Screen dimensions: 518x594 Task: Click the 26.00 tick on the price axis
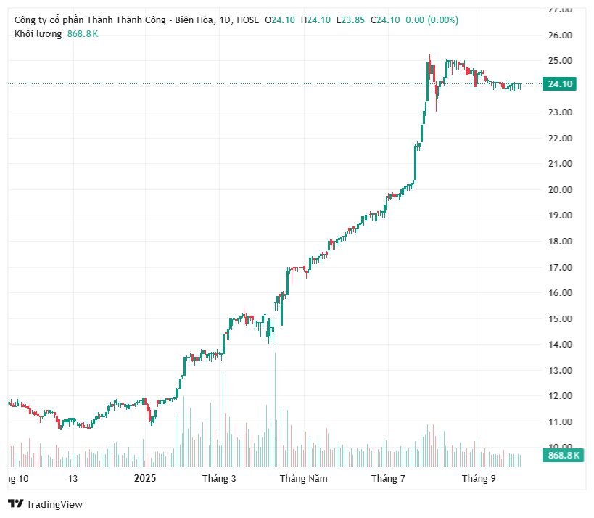560,35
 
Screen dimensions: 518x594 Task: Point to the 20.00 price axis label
560,189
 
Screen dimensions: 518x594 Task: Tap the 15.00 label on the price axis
560,318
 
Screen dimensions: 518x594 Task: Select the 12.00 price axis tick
560,396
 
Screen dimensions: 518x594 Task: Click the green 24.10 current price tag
561,84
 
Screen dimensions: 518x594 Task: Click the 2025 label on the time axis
145,478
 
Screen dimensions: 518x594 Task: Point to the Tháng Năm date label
304,478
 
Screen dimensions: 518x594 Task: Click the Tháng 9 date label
479,478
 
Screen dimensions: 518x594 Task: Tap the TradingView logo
45,504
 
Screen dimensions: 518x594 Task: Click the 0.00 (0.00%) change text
432,20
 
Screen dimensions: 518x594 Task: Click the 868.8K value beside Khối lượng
82,34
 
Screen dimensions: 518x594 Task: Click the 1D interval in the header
223,20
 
